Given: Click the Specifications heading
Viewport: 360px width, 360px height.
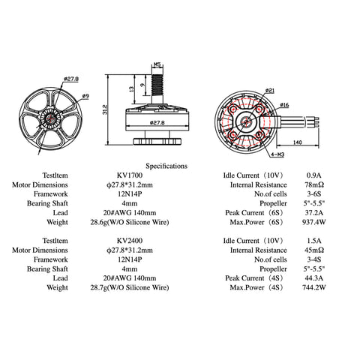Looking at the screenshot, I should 166,165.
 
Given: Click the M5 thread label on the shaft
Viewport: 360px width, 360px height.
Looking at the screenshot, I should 157,64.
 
